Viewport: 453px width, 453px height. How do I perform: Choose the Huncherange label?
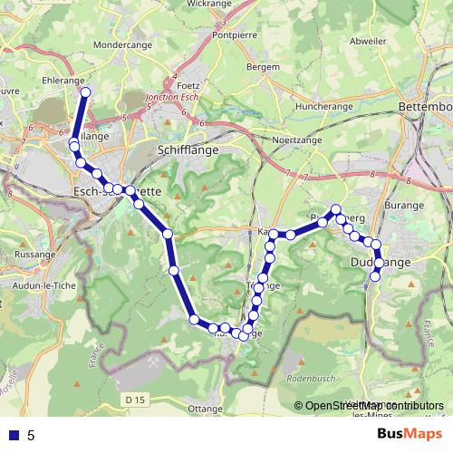pyautogui.click(x=323, y=106)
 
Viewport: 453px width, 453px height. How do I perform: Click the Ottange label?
pyautogui.click(x=204, y=409)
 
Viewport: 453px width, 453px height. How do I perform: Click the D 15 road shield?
pyautogui.click(x=135, y=399)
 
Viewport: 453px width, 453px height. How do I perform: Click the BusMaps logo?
pyautogui.click(x=410, y=434)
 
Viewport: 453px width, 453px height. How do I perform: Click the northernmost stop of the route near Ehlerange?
pyautogui.click(x=86, y=92)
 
